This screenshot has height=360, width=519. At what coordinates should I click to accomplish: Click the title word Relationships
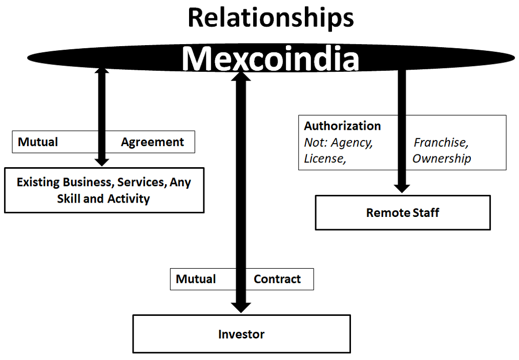click(271, 17)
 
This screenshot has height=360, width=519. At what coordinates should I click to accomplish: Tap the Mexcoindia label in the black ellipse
click(271, 59)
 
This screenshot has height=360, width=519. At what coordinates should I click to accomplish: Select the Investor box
click(241, 334)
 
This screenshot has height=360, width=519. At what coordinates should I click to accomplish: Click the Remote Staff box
click(402, 212)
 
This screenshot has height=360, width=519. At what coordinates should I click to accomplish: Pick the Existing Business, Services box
click(104, 190)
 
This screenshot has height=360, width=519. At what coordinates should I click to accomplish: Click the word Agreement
click(152, 142)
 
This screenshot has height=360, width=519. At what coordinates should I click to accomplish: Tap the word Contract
click(277, 279)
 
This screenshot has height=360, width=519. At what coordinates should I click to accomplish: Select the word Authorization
click(342, 126)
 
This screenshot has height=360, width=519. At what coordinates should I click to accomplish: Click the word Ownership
click(441, 158)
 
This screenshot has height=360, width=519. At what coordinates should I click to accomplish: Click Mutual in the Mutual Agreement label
click(38, 142)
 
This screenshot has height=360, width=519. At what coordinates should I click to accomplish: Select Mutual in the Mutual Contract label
click(196, 279)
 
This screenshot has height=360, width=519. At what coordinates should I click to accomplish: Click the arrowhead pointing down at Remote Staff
click(402, 187)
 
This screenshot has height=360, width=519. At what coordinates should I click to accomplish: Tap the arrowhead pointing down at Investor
click(241, 307)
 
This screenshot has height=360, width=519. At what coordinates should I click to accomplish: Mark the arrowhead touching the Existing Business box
click(102, 161)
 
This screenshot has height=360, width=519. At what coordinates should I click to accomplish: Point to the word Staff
click(426, 212)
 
